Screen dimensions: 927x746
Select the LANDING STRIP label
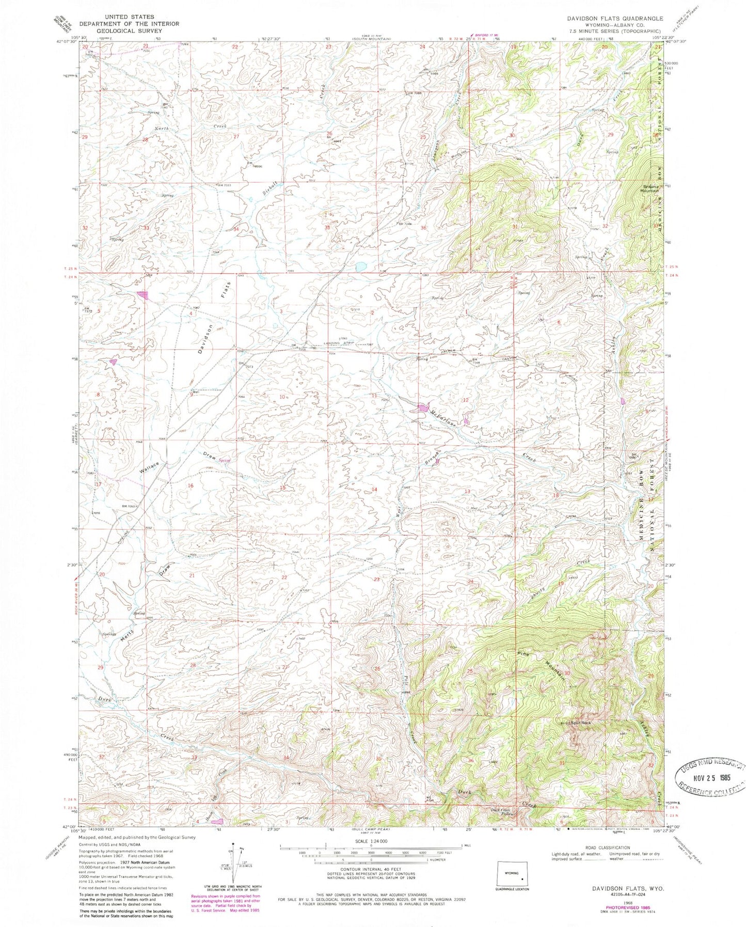coord(336,345)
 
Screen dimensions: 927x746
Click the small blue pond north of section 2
coord(359,266)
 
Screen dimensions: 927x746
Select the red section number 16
coord(191,485)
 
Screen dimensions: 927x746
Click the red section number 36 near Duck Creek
coord(470,761)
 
